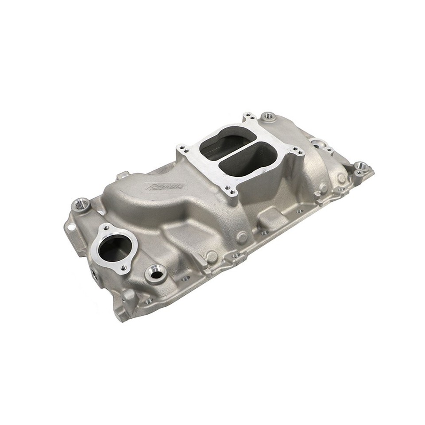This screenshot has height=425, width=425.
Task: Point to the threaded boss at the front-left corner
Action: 81,205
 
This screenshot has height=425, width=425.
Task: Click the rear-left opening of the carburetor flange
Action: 221,147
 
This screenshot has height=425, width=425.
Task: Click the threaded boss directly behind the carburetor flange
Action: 267,117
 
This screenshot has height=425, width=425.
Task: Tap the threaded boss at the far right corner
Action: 361,166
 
